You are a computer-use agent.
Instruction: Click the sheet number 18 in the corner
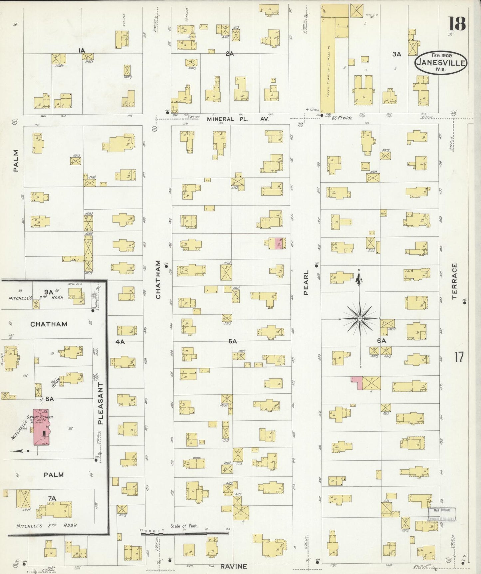pos(457,24)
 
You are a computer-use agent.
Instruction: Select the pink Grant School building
pos(41,427)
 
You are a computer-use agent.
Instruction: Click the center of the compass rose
pos(360,319)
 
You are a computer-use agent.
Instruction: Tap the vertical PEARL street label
pos(306,282)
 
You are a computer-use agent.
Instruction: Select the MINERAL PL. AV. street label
pos(237,119)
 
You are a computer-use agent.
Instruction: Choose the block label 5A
pos(232,341)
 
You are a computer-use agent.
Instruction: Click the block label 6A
pos(381,341)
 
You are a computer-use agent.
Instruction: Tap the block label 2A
pos(230,53)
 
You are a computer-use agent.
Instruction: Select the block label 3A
pos(396,54)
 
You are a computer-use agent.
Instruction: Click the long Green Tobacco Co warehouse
pos(327,67)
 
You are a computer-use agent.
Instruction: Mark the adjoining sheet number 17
pos(459,357)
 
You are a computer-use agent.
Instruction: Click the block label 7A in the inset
pos(52,498)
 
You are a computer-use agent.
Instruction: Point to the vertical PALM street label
pos(16,161)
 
